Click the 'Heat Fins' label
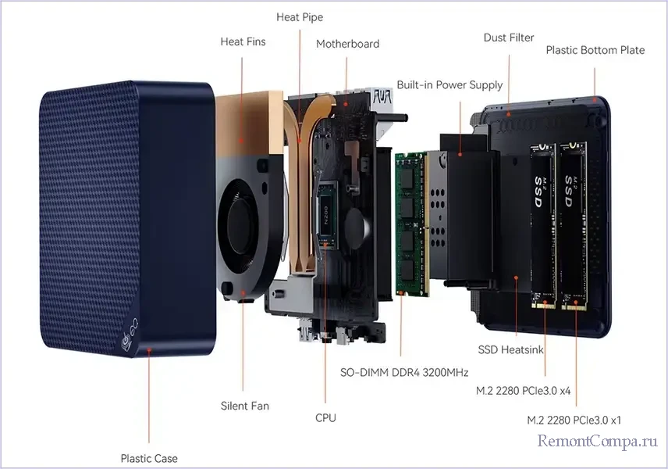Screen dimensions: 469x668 point(243,41)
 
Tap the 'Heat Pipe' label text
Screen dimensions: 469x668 point(299,17)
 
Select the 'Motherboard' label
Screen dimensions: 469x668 point(347,44)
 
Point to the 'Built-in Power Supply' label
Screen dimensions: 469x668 point(449,84)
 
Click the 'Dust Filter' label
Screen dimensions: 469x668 point(509,38)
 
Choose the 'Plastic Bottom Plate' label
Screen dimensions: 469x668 point(595,50)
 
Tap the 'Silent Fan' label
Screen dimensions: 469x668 point(245,406)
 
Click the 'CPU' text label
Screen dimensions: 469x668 point(325,418)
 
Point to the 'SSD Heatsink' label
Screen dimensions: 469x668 point(510,349)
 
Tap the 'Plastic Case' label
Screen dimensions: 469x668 point(149,459)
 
